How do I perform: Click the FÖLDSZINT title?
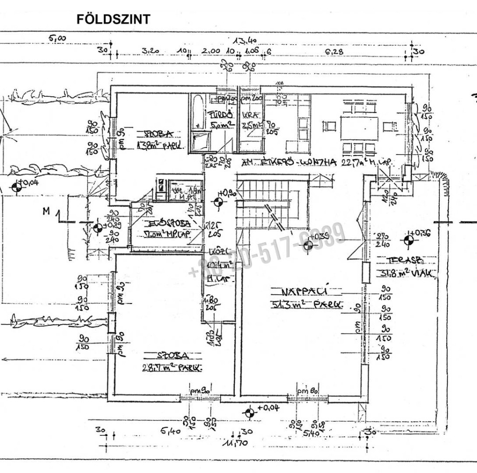[113, 19]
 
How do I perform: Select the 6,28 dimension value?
[334, 52]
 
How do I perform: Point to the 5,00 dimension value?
[58, 39]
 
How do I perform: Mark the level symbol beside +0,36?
[409, 240]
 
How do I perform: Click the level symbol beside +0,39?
[308, 245]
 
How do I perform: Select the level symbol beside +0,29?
[98, 228]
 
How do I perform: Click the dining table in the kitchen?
[359, 128]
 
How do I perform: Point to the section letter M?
[46, 211]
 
